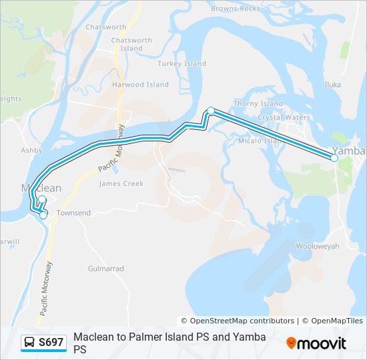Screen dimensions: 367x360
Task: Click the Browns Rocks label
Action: point(236,9)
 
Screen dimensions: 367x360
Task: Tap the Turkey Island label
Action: point(182,64)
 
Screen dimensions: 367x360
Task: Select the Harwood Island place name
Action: point(141,85)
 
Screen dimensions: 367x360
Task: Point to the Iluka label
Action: point(332,85)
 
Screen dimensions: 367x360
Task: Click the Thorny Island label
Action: point(258,103)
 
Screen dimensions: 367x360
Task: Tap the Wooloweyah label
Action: point(318,246)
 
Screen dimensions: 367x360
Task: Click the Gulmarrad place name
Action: point(106,269)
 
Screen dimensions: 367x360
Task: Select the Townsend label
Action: point(73,213)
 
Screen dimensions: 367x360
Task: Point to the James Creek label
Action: point(121,183)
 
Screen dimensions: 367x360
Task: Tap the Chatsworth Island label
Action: point(131,44)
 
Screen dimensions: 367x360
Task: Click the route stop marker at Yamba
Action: point(334,158)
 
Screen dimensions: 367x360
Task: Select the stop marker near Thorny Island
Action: point(211,111)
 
